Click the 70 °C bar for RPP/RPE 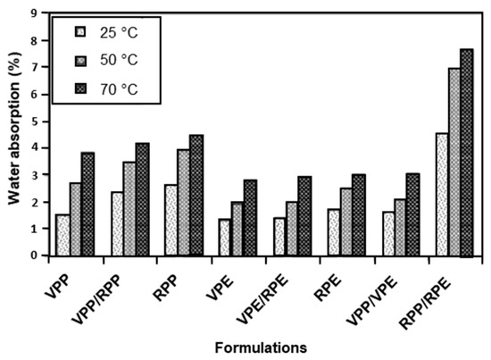[466, 153]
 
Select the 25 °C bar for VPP [62, 235]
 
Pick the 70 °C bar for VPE [250, 218]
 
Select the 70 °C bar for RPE [358, 215]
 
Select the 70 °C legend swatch [81, 89]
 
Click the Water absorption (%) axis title [12, 134]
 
